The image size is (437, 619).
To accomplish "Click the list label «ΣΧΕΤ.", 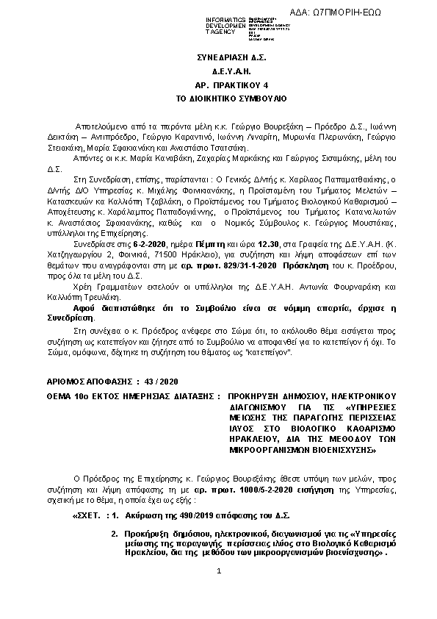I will tap(87, 517).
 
